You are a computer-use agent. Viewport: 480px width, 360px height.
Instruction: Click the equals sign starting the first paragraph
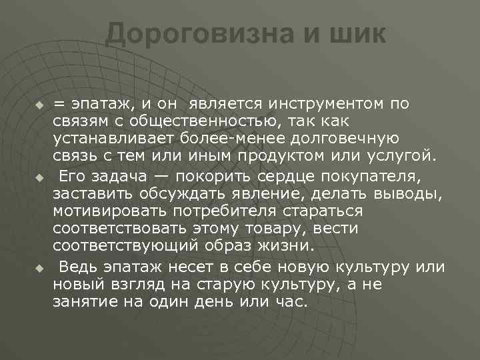[60, 104]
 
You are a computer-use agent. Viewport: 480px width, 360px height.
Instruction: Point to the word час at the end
[294, 301]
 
